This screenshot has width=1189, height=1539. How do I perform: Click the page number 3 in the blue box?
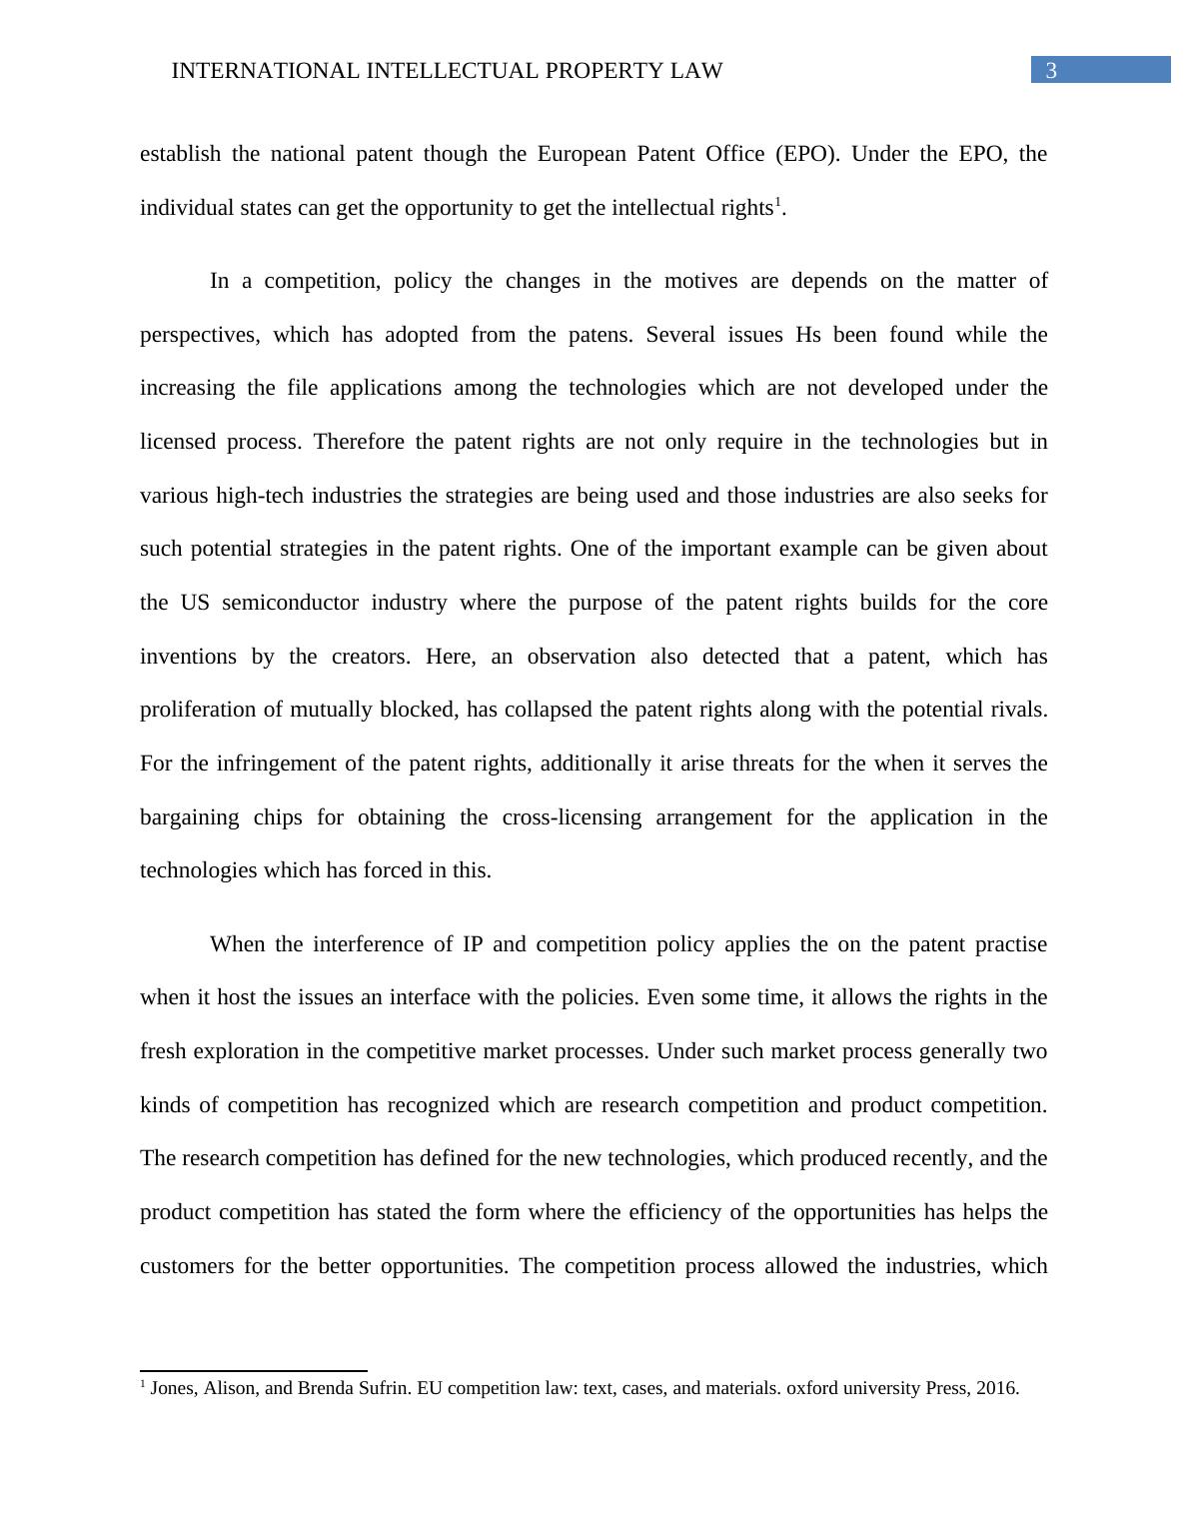point(1050,70)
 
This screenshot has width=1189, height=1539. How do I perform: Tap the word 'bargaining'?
point(189,817)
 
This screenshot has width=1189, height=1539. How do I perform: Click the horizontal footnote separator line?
point(254,1371)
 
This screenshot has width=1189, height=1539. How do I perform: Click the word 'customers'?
point(185,1266)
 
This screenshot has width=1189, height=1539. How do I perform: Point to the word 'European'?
point(581,154)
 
